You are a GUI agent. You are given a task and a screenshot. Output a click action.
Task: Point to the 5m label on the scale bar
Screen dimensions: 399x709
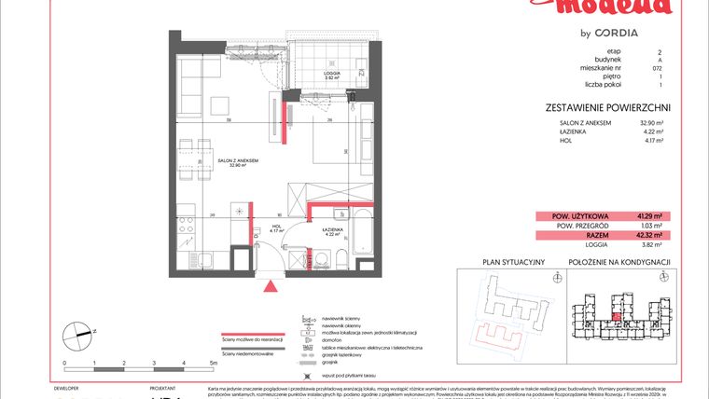[x=214, y=360]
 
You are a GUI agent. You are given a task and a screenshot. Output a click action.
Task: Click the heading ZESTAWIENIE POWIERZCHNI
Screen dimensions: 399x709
[x=608, y=108]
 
